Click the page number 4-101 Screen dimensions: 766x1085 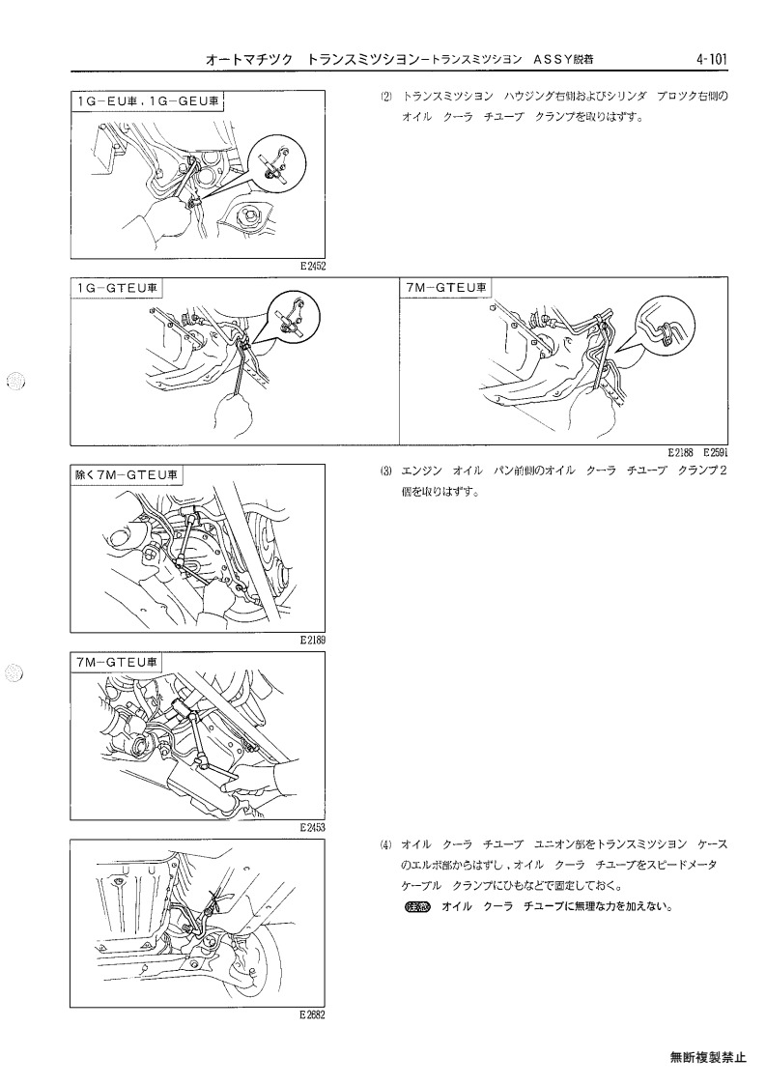(712, 60)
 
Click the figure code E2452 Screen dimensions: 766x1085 (313, 266)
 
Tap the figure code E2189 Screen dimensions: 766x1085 (313, 640)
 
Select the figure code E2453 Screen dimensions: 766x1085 (313, 827)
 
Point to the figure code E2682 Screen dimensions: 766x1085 (313, 1014)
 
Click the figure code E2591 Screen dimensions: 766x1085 (716, 453)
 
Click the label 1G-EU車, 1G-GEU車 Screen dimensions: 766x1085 (149, 101)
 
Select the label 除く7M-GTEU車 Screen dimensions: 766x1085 (126, 474)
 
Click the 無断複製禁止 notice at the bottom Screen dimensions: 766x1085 (708, 1057)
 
